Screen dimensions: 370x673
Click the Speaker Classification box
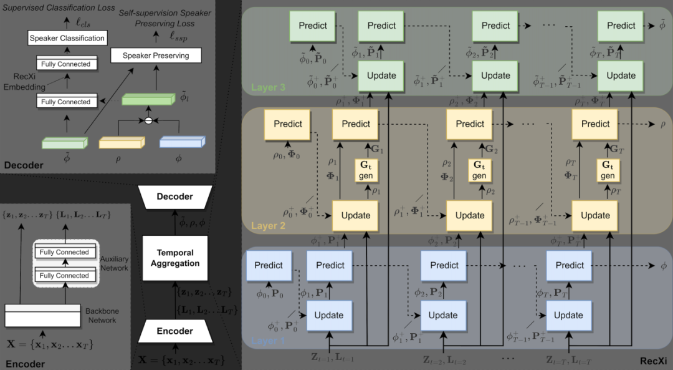pos(67,39)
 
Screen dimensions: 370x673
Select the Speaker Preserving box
pos(158,56)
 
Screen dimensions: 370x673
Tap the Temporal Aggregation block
pos(175,258)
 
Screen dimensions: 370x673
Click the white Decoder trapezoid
pos(175,197)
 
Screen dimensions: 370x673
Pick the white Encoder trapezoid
pos(175,331)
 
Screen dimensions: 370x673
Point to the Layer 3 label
pos(269,88)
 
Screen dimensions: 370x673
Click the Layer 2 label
pos(269,225)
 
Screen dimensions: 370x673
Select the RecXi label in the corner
pos(653,361)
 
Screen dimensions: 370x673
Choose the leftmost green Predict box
pos(313,26)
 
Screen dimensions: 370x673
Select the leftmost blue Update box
pos(329,315)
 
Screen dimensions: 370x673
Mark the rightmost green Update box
pos(621,75)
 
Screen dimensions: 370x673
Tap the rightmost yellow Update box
pos(595,215)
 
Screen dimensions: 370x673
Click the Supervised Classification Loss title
pos(58,8)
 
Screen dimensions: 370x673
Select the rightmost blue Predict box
pos(570,265)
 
